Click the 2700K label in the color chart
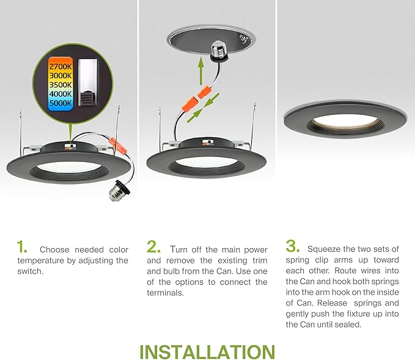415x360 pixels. pos(61,67)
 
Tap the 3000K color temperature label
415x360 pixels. pos(61,76)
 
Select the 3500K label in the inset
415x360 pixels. pos(61,85)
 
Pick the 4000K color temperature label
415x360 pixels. pos(61,94)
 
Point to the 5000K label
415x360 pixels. pos(61,103)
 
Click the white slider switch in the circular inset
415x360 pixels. pos(87,83)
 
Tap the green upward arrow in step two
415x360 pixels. pos(201,71)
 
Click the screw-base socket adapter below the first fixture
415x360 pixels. pos(120,190)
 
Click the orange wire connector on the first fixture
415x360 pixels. pos(117,145)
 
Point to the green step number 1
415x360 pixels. pos(22,247)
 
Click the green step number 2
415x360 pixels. pos(153,247)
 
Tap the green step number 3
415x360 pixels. pos(293,246)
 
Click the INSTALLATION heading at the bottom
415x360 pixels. pos(207,352)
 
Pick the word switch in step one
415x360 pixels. pos(30,271)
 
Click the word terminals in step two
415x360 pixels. pos(165,293)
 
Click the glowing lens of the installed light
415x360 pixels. pos(346,120)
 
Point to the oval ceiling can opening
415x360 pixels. pos(211,40)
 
